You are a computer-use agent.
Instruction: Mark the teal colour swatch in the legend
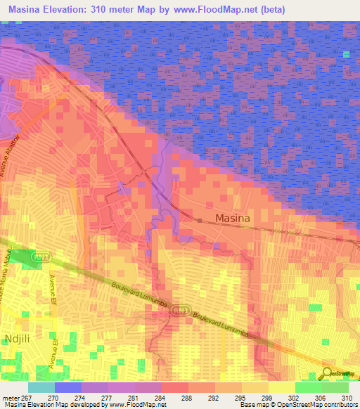(41, 387)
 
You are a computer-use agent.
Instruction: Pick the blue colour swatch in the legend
(67, 387)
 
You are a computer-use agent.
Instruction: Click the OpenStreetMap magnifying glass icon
(328, 373)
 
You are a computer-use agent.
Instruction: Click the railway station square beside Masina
(200, 220)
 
